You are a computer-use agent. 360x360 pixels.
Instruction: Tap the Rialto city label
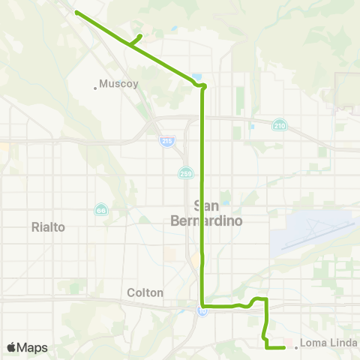49,226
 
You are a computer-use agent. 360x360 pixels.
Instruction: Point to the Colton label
145,292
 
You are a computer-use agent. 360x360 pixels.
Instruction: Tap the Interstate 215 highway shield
166,140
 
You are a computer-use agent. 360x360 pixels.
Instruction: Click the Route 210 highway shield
279,124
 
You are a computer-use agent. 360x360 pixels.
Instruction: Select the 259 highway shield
187,173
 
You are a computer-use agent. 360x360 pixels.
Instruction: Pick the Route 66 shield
100,209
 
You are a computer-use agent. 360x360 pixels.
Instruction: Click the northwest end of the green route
76,11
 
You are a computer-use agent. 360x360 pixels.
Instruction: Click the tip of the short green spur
141,35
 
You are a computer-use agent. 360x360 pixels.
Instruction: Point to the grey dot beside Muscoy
95,88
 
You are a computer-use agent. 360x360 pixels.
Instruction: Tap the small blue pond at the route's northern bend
197,76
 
